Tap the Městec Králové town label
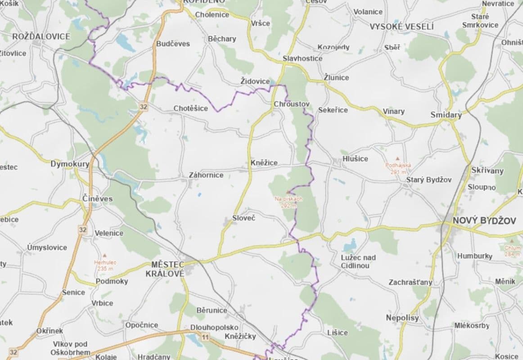tap(165, 269)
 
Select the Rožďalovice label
tap(41, 36)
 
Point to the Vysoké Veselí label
tap(401, 27)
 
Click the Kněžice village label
tap(264, 162)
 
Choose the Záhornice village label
tap(206, 175)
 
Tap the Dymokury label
tap(70, 164)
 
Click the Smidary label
tap(446, 115)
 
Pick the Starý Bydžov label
tap(428, 180)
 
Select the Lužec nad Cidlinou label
tap(358, 261)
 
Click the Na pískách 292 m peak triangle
tap(288, 192)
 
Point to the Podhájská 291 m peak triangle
tap(397, 158)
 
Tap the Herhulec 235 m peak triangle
tap(104, 255)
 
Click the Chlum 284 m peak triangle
tap(512, 241)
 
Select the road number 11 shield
tap(206, 337)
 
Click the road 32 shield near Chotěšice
tap(143, 107)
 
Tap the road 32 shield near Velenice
tap(82, 229)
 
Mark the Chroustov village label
tap(292, 104)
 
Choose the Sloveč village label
tap(243, 218)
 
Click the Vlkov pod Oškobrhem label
tap(70, 348)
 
